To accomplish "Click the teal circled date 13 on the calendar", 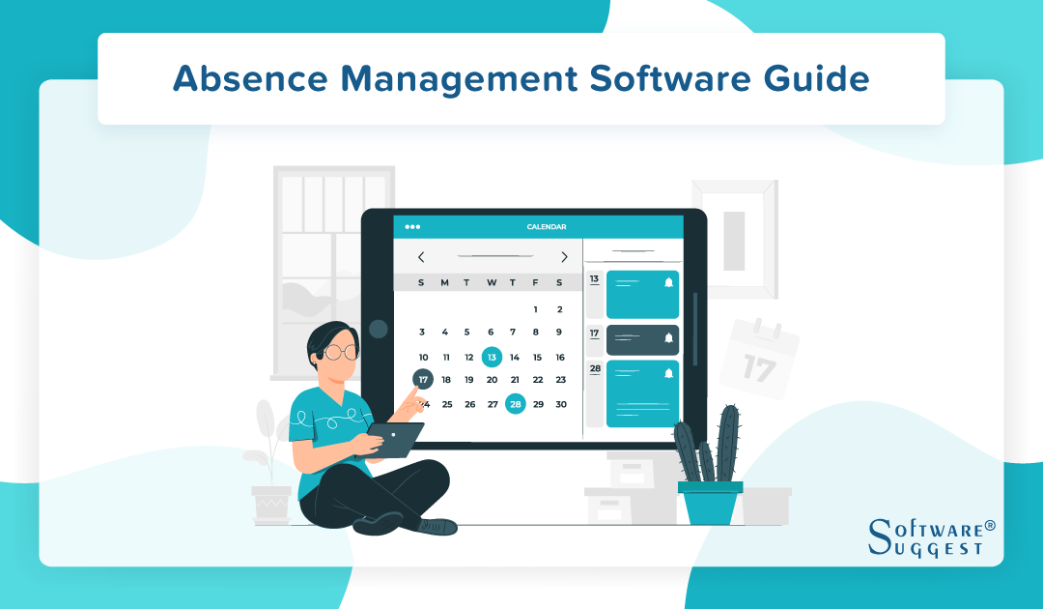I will tap(492, 357).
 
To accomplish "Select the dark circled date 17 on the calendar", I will tap(423, 379).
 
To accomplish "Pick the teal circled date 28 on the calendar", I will tap(516, 404).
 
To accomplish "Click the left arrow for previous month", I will tap(421, 257).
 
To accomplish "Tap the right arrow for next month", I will tap(564, 257).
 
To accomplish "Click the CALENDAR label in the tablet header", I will tap(547, 227).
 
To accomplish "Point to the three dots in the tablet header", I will tap(412, 227).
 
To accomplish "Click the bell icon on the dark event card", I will tap(668, 337).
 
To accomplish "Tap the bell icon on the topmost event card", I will tap(668, 282).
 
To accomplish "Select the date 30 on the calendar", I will tap(561, 404).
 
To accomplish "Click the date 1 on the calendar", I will tap(536, 309).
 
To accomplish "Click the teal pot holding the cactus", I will tap(710, 502).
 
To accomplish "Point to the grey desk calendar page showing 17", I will tap(761, 360).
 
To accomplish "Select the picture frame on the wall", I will tap(734, 238).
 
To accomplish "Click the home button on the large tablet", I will tap(378, 330).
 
